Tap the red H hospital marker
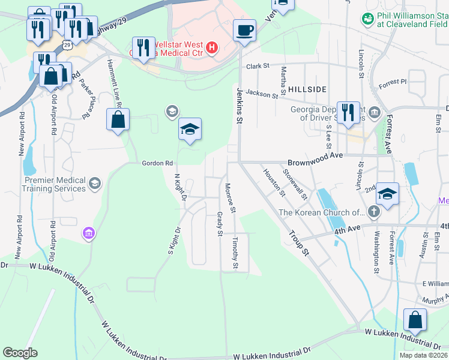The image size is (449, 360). [x=211, y=47]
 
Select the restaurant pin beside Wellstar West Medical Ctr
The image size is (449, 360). [x=142, y=48]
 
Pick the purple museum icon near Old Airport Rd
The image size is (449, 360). [x=89, y=233]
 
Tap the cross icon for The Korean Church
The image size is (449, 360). [x=373, y=211]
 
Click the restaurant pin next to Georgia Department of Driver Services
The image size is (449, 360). [x=348, y=112]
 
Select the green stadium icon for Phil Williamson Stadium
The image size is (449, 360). [x=367, y=19]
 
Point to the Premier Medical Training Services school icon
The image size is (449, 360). [x=95, y=184]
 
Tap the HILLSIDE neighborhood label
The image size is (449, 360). [x=307, y=89]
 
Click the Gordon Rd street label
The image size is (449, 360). [x=157, y=163]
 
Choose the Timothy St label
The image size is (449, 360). [x=236, y=253]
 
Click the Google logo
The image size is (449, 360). [x=20, y=353]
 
